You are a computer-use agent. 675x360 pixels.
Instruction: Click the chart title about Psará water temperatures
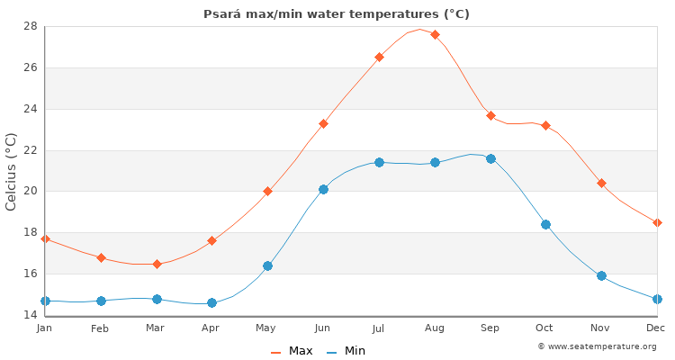point(337,14)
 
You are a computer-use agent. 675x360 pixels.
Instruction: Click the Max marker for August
point(435,34)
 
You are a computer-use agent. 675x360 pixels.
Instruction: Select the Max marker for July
point(379,57)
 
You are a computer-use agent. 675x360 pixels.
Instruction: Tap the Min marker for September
point(490,158)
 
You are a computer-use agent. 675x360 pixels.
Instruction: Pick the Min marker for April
point(211,302)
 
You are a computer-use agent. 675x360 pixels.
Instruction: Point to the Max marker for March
point(157,264)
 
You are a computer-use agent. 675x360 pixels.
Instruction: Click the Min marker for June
point(323,189)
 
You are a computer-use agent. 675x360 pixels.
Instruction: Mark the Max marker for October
point(545,125)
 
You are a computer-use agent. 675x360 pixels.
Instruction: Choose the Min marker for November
point(601,275)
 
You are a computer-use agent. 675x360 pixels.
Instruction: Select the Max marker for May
point(267,191)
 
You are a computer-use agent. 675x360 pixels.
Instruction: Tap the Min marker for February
point(101,301)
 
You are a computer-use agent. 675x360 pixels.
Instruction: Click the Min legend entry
point(346,351)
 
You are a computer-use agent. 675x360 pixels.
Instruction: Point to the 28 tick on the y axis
point(30,26)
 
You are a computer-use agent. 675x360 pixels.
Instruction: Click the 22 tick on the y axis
point(30,149)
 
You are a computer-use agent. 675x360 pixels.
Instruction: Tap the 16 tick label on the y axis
point(30,274)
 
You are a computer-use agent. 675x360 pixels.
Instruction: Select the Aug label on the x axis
point(435,328)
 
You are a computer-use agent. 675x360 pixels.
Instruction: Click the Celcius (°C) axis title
point(12,171)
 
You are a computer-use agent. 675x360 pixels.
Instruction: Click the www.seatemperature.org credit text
point(597,346)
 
